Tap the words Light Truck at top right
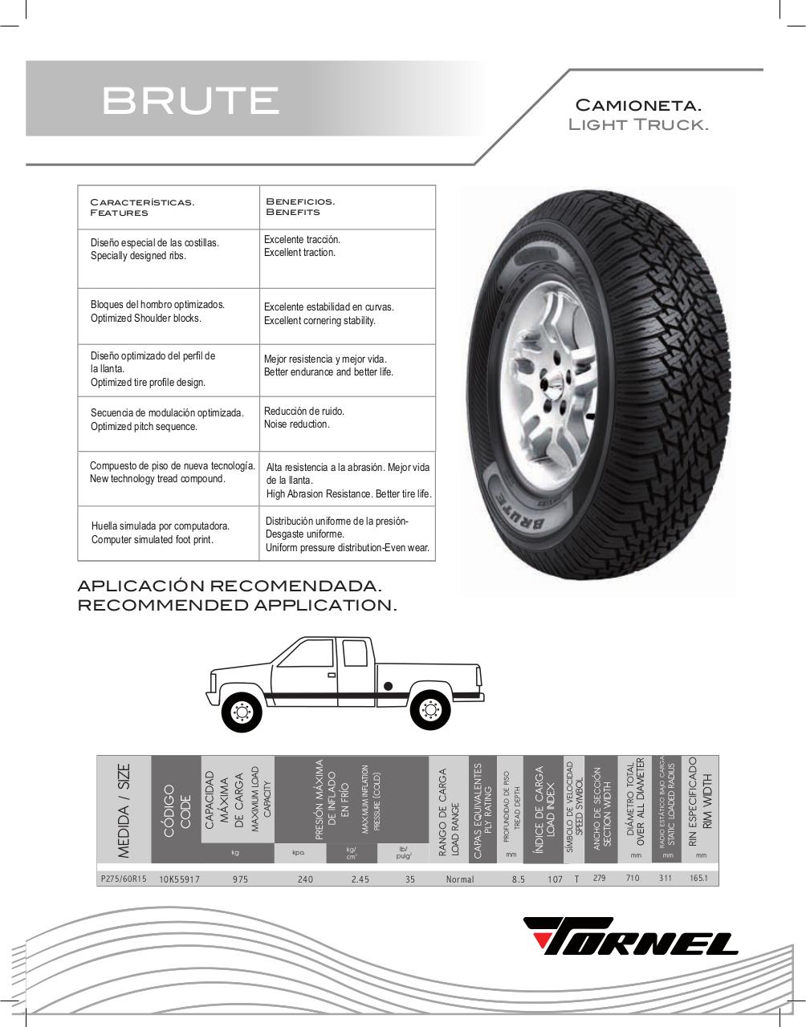tap(637, 125)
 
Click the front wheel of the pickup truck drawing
tap(240, 710)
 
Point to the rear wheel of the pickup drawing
tap(428, 710)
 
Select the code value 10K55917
tap(179, 879)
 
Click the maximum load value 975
tap(240, 879)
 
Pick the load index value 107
tap(555, 879)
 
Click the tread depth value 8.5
tap(518, 879)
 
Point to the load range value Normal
tap(460, 879)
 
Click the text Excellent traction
tap(299, 253)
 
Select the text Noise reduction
tap(296, 424)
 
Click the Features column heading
tap(119, 213)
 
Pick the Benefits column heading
tap(292, 212)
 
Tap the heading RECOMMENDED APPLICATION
tap(237, 605)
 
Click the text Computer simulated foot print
tap(152, 540)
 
